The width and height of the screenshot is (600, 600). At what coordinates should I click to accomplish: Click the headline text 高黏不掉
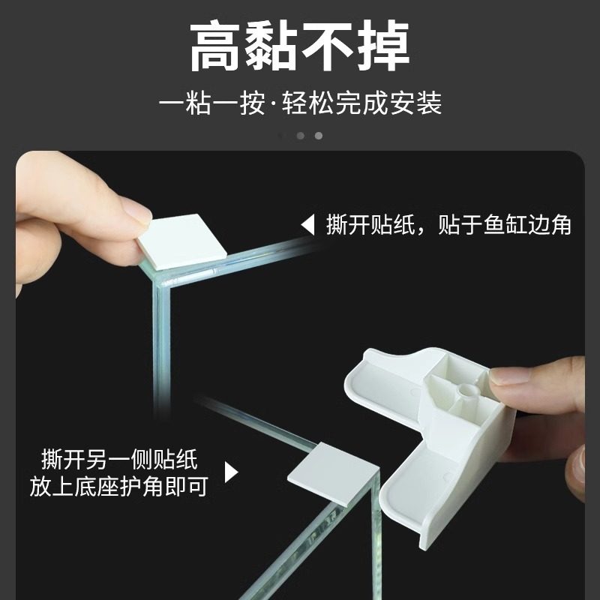[x=299, y=46]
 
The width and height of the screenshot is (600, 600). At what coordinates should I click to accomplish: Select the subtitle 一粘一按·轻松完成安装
[x=300, y=102]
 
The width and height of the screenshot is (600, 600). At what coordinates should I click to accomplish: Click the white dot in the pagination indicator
[x=318, y=136]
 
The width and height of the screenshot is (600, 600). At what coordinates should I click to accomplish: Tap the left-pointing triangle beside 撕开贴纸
[x=307, y=225]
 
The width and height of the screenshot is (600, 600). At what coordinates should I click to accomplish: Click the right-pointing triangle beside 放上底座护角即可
[x=231, y=472]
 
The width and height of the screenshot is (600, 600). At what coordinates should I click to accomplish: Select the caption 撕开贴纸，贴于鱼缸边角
[x=448, y=225]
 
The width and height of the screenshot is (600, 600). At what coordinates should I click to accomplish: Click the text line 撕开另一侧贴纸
[x=119, y=458]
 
